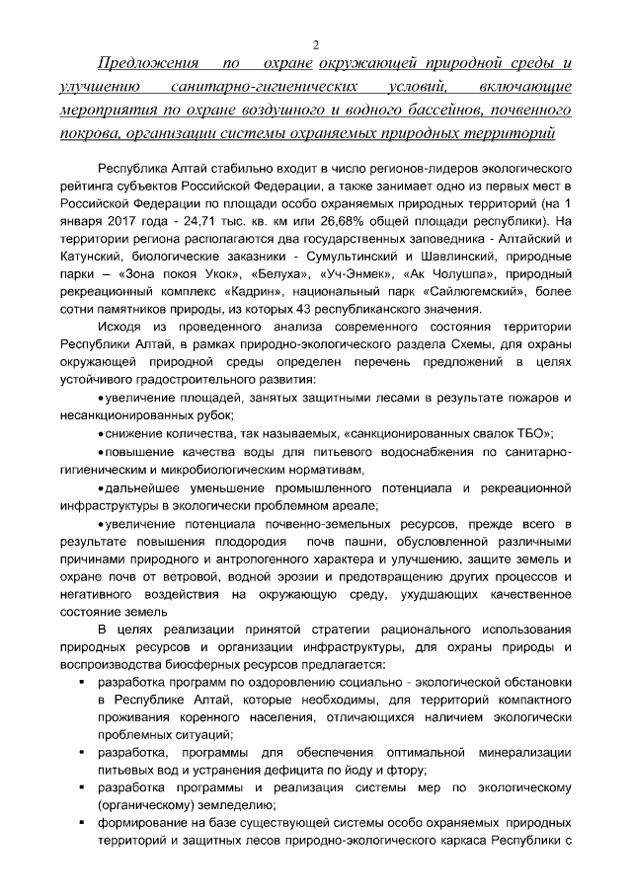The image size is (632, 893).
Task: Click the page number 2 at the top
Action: (x=315, y=45)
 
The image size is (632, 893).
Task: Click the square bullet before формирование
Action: (x=80, y=824)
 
